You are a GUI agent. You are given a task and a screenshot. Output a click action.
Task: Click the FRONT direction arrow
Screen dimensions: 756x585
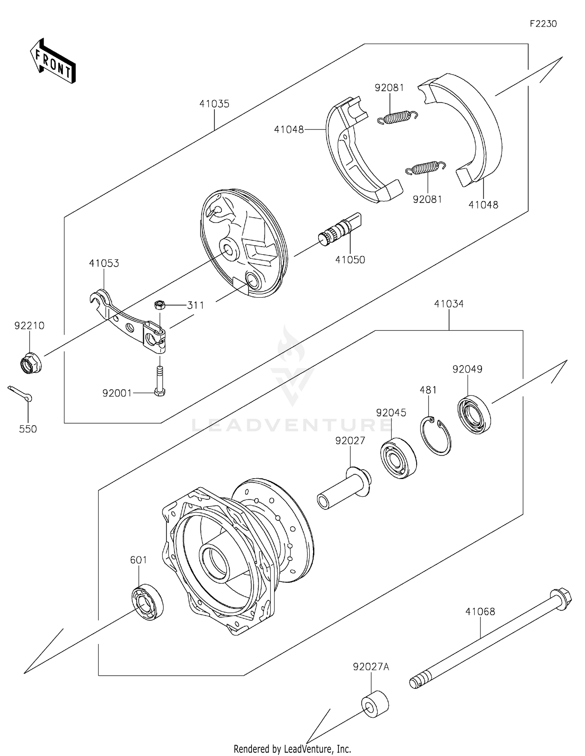click(53, 61)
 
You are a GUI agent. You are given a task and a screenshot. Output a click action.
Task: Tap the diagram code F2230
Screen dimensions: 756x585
click(543, 24)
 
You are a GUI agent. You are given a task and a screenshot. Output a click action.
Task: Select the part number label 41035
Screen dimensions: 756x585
click(214, 104)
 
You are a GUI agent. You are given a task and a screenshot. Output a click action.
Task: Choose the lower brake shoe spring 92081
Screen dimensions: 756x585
click(425, 167)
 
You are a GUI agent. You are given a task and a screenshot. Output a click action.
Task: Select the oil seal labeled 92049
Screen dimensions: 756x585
click(474, 415)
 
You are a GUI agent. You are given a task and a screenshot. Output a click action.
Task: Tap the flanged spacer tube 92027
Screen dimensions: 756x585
click(343, 489)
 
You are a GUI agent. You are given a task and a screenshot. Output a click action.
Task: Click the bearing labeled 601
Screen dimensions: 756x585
click(147, 602)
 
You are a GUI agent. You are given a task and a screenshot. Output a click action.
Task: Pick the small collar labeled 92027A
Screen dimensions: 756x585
click(375, 704)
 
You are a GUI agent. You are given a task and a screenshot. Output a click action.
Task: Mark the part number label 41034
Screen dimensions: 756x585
click(448, 303)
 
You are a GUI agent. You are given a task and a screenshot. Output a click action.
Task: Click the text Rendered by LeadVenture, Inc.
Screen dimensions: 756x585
click(292, 749)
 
